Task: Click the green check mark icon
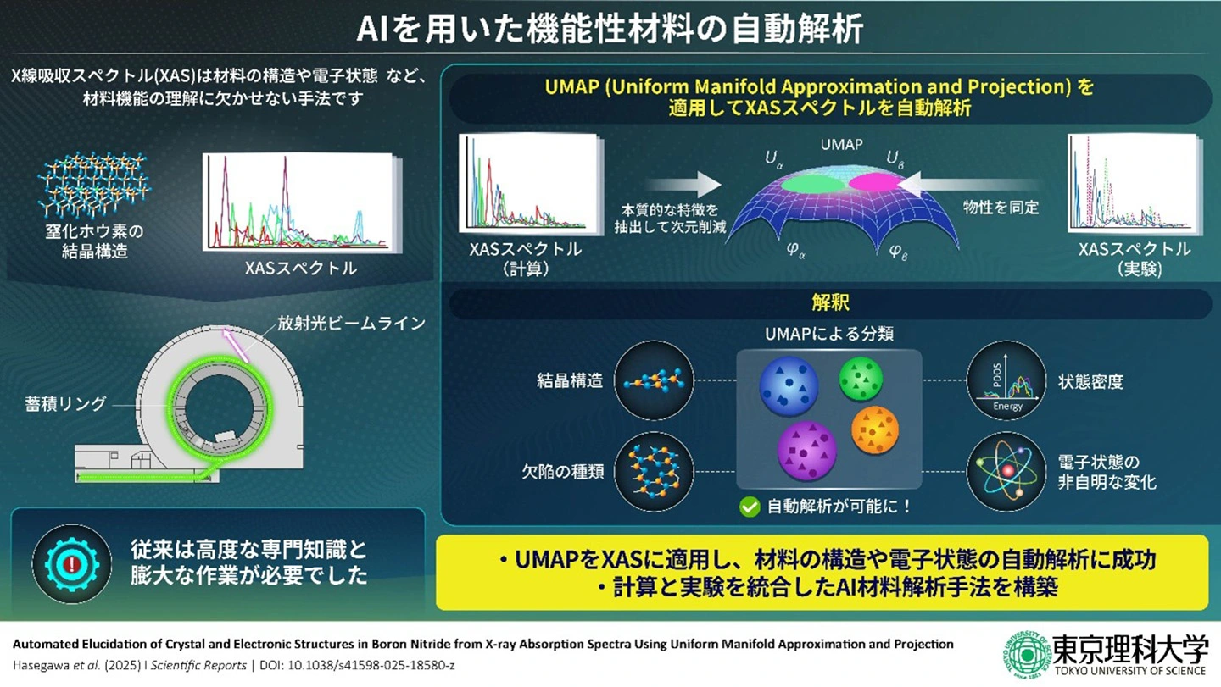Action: (749, 507)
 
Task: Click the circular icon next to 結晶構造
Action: (653, 382)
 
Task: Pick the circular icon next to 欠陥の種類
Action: (653, 473)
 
